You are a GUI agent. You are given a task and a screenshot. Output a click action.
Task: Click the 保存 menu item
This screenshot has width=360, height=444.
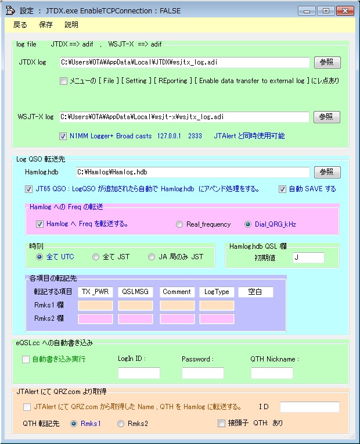45,25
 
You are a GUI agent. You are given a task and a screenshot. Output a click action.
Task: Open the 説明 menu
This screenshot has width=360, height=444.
71,25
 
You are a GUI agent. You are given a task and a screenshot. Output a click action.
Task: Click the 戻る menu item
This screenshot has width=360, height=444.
20,25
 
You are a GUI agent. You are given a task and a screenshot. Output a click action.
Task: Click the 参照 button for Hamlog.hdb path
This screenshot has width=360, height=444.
327,172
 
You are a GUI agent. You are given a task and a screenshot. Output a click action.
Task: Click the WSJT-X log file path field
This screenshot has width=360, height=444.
184,117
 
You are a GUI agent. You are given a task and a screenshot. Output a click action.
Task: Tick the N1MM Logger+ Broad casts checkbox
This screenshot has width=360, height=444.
63,136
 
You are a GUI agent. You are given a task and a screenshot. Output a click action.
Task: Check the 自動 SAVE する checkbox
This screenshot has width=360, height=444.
282,189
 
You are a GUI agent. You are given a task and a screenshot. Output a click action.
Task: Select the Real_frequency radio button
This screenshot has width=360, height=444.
179,224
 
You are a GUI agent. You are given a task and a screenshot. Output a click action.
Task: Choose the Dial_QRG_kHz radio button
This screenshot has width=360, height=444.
247,224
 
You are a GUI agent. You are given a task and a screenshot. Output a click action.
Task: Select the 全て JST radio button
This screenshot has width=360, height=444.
96,257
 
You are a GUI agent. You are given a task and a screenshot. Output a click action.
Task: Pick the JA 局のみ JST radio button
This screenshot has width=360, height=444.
152,257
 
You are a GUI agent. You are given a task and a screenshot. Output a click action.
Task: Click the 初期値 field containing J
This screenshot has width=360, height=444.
308,257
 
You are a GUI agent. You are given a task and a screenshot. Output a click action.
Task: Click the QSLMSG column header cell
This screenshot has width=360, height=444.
135,292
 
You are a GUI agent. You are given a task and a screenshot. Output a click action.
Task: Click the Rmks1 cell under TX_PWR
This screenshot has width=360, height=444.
95,306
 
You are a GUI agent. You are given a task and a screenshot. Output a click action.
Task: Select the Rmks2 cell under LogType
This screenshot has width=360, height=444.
217,319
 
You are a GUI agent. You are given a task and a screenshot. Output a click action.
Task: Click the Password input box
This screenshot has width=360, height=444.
203,373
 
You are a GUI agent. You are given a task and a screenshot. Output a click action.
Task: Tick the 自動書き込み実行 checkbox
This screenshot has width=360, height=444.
26,359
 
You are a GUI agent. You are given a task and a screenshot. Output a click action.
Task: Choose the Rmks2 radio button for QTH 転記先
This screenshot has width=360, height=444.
121,424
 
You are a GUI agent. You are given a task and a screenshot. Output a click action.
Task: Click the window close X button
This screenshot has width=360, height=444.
345,11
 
